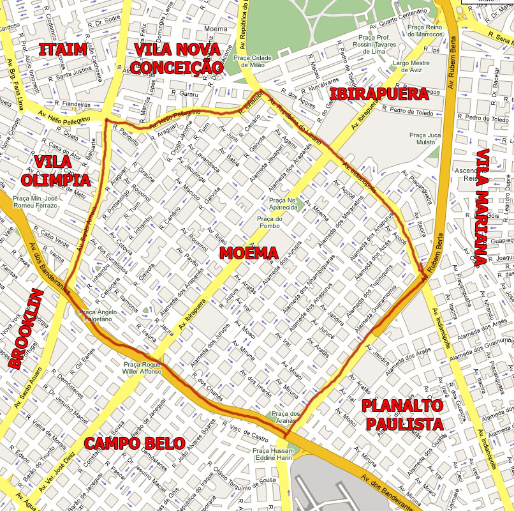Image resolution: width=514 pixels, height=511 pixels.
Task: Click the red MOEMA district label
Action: coord(249,253)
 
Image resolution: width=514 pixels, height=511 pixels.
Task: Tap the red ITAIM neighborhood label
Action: coord(62,49)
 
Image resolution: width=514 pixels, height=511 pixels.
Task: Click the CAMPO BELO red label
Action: coord(135,443)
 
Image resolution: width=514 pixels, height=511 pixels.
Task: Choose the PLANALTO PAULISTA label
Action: coord(402,415)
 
